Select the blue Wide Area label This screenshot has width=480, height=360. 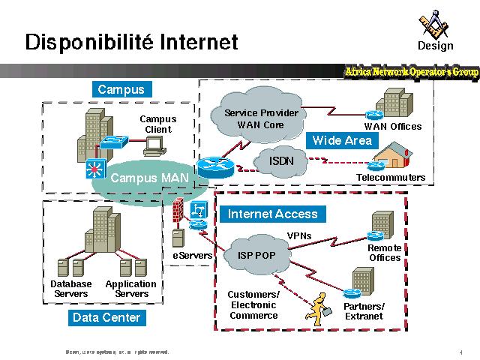coord(341,140)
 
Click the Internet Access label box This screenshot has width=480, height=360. coord(272,214)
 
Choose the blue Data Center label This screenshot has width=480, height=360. coord(106,317)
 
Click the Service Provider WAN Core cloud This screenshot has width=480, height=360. coord(261,118)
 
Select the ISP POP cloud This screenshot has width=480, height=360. coord(257,255)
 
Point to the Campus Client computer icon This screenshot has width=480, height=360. coord(154,146)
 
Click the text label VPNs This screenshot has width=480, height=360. coord(299,236)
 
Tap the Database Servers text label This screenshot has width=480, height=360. coord(70,289)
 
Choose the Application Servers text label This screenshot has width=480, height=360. coord(131,289)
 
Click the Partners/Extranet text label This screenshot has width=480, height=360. coord(364,311)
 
